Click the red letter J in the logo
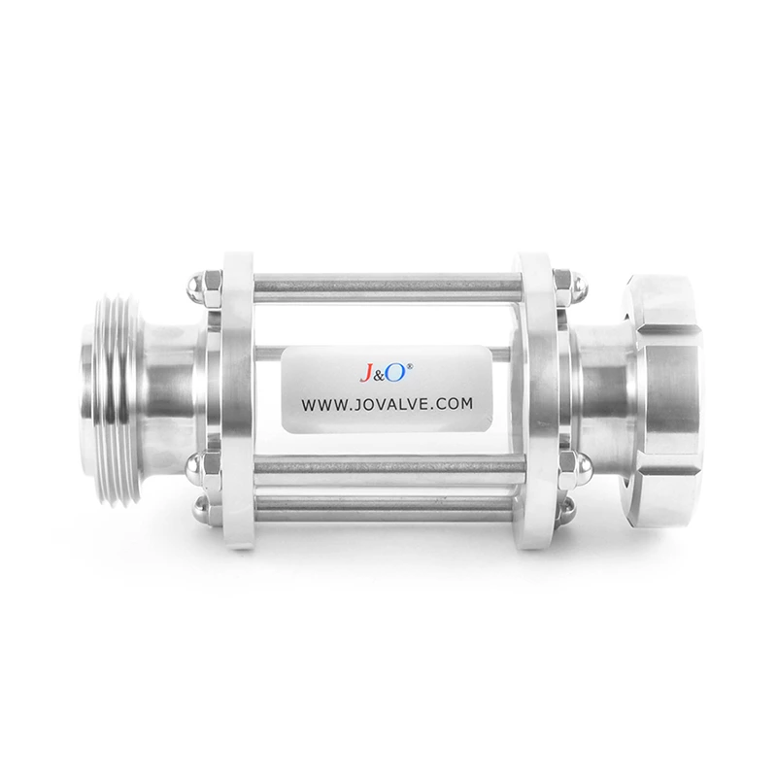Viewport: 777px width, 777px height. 371,372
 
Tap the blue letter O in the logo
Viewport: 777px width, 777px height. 402,370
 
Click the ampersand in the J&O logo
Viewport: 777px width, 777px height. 386,373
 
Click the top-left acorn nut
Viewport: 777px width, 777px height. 193,287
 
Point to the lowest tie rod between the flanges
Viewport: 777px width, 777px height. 388,512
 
